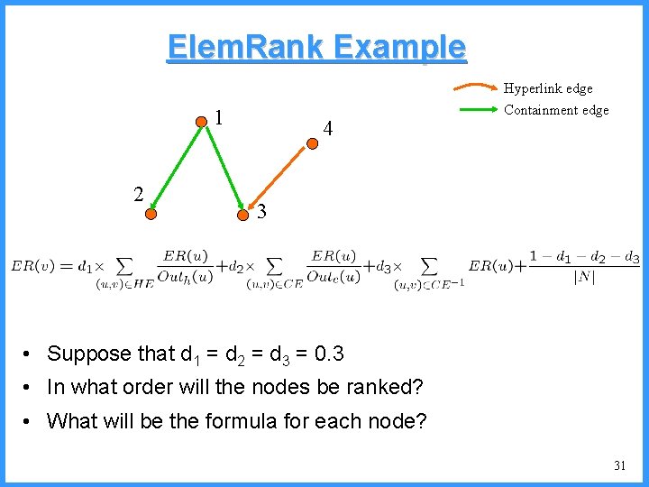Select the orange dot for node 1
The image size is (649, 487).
203,120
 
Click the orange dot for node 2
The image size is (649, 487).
151,214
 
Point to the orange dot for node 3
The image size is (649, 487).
244,214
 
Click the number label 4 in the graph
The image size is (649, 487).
328,130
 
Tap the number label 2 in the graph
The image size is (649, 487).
138,193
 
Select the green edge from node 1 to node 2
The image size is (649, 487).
178,167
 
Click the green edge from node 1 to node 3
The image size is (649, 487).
224,167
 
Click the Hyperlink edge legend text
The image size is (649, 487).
548,88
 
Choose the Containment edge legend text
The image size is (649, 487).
556,110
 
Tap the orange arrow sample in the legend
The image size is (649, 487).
475,88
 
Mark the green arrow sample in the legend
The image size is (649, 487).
475,110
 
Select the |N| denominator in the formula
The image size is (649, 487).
584,277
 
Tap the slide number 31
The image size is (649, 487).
619,465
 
